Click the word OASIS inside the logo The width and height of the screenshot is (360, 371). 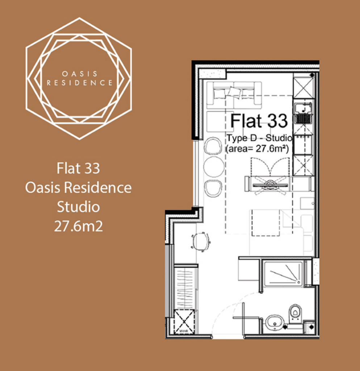coord(80,74)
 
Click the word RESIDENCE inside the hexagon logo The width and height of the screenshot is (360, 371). coord(80,83)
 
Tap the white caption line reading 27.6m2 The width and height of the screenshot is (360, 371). coord(79,226)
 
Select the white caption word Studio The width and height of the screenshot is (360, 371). coord(79,207)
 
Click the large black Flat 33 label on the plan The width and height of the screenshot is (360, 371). coord(259,121)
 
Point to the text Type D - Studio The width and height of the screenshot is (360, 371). coord(260,138)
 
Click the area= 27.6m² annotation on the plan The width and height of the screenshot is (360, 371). coord(258,149)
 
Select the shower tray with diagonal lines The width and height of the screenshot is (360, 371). coord(283,274)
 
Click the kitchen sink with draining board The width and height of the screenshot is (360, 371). coord(304,113)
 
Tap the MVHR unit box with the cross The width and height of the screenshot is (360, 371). coord(184,322)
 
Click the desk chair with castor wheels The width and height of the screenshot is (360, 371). coord(201,242)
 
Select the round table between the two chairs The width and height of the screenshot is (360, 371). coord(214,167)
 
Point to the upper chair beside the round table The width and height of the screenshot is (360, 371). coord(213,146)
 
